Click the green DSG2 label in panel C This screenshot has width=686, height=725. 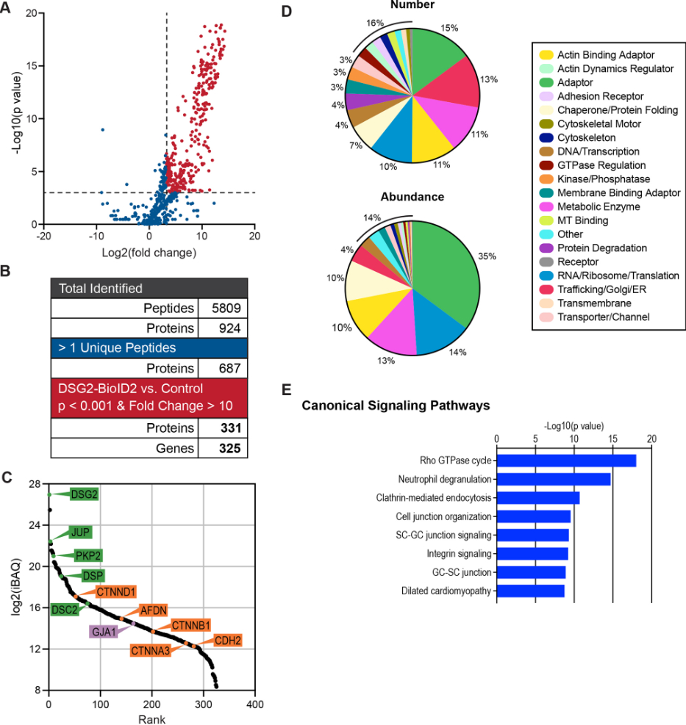[x=84, y=494]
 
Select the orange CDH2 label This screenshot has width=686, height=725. [x=227, y=641]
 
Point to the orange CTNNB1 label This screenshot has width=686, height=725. [x=190, y=626]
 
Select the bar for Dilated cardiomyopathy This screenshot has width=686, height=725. [x=531, y=591]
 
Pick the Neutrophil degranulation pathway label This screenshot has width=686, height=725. [x=444, y=479]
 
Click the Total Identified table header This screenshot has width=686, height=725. [x=101, y=288]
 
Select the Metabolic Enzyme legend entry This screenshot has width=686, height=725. [x=598, y=207]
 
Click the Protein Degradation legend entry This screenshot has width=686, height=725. [x=601, y=248]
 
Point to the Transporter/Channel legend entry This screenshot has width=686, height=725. [x=603, y=317]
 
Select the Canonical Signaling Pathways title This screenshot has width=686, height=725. [x=396, y=405]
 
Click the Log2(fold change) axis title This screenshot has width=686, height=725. [x=149, y=253]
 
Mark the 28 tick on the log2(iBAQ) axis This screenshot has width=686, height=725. [x=35, y=484]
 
